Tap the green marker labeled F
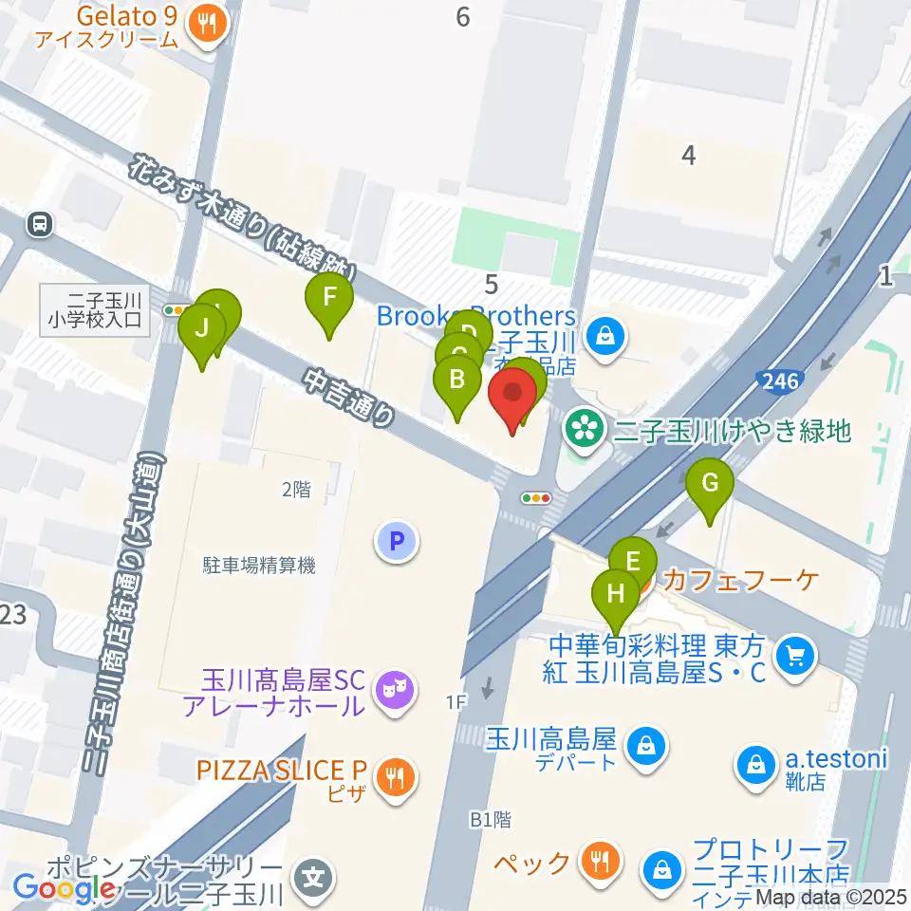click(329, 299)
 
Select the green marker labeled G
click(710, 484)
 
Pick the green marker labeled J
click(202, 329)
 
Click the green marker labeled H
click(616, 596)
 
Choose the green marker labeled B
click(456, 381)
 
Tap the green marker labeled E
click(633, 560)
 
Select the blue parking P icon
click(397, 543)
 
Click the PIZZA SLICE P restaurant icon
click(392, 779)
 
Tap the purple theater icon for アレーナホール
click(392, 690)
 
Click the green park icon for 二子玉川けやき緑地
click(584, 431)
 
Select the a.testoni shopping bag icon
click(756, 761)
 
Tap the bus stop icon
click(40, 225)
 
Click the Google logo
click(64, 888)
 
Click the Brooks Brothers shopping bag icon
click(602, 334)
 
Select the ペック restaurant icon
click(600, 862)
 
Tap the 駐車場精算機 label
click(258, 566)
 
